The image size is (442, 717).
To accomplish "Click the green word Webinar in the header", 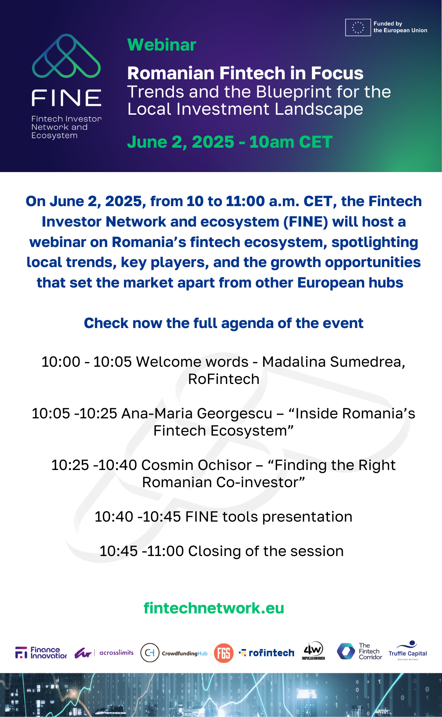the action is tap(162, 45).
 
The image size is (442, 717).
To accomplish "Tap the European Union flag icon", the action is tap(358, 28).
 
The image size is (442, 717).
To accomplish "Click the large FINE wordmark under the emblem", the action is tap(67, 98).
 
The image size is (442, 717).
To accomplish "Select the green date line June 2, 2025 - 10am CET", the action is tap(230, 142).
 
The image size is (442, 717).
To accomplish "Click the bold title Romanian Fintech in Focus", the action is tap(245, 73).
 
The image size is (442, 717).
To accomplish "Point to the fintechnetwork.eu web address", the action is tap(214, 608).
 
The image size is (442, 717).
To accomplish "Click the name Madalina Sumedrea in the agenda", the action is tap(333, 362).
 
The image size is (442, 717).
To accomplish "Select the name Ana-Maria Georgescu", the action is tap(197, 413).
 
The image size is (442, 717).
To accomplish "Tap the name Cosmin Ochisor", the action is tap(196, 465).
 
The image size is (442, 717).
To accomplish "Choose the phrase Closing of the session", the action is tap(266, 551).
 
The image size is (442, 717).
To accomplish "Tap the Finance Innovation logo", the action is tap(41, 652).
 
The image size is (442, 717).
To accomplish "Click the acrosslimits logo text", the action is tap(117, 652).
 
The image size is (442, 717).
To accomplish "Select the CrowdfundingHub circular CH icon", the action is tap(150, 652).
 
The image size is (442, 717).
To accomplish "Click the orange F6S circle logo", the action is tap(224, 653).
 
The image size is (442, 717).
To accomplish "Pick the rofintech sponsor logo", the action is tap(266, 653).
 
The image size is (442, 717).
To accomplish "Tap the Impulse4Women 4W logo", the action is tap(313, 651).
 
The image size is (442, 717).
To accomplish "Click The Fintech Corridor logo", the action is tap(360, 651).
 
